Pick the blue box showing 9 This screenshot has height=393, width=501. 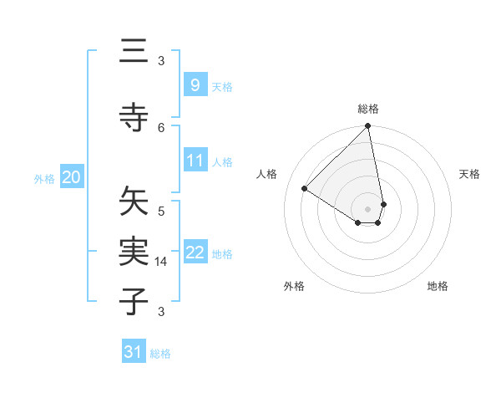click(x=195, y=85)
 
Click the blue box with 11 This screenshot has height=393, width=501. click(x=195, y=161)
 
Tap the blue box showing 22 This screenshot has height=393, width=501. click(x=195, y=253)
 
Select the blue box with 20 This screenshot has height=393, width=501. click(x=72, y=177)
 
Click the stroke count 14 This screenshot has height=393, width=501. click(x=162, y=262)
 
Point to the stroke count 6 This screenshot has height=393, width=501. click(x=161, y=127)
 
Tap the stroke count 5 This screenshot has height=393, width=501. click(x=161, y=210)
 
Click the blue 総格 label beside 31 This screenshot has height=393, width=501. click(x=160, y=354)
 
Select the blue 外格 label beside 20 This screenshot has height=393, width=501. click(x=44, y=178)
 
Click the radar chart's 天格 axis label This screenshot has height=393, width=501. click(x=469, y=174)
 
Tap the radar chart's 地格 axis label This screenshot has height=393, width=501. click(x=438, y=286)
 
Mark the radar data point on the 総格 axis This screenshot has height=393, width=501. click(x=368, y=127)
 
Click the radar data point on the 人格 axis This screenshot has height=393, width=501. click(x=304, y=189)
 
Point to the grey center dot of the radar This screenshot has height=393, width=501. click(x=368, y=208)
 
